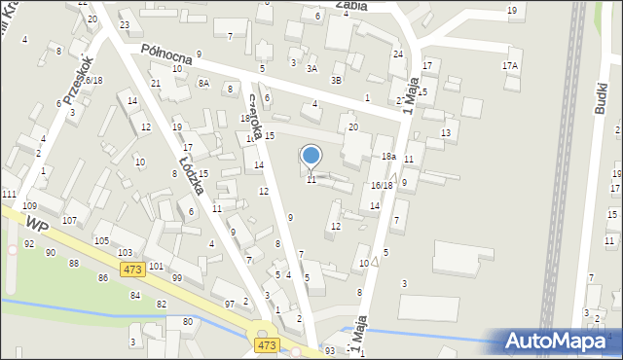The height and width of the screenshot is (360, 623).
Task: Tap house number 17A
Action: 510,65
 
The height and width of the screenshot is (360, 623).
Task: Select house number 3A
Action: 311,69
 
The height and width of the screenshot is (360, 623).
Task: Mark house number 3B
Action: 336,80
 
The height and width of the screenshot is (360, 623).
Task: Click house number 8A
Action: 203,84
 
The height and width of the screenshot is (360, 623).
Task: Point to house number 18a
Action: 387,157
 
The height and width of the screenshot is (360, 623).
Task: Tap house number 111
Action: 9,196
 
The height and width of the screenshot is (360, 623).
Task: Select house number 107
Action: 69,220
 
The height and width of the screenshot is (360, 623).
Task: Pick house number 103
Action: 125,252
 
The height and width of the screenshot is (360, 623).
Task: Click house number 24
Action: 397,54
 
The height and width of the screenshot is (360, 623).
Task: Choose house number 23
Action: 125,24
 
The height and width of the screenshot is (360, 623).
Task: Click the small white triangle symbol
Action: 375,261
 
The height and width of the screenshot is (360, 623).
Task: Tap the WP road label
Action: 37,225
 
